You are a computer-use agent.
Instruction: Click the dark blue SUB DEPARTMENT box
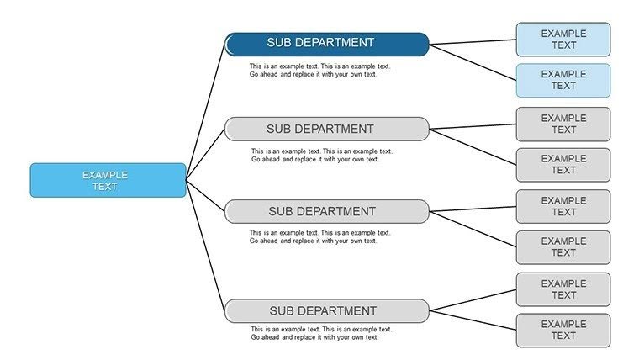tap(326, 44)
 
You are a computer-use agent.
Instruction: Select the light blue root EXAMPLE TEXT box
tap(108, 180)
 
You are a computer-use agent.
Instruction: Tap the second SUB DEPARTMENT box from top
tap(326, 129)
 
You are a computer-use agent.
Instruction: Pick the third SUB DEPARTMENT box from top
tap(326, 211)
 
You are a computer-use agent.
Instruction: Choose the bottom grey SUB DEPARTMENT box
tap(326, 310)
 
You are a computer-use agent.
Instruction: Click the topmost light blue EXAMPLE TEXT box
tap(562, 40)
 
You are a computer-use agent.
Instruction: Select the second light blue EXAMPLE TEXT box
tap(562, 80)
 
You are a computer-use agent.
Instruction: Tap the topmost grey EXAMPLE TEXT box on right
tap(562, 124)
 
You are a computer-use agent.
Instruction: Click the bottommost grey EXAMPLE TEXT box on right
tap(562, 331)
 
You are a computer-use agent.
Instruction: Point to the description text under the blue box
tap(319, 70)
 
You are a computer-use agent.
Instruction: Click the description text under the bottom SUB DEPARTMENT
tap(321, 333)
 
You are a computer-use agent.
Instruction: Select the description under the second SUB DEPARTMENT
tap(321, 156)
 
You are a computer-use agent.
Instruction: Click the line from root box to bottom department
tap(206, 244)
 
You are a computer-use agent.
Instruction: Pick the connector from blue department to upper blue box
tap(473, 41)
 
